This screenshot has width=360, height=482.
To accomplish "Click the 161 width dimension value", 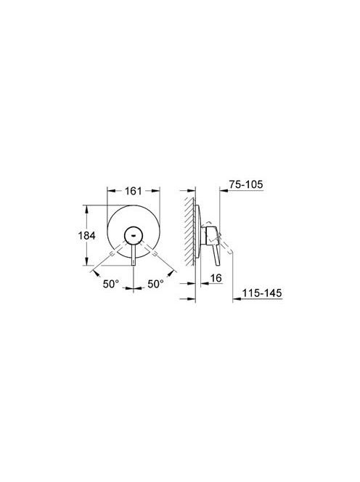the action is tap(133, 191).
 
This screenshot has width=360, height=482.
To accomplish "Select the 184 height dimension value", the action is tap(86, 236).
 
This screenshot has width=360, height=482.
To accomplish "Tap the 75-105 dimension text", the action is tap(246, 184).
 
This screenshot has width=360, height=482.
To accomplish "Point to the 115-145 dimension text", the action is tap(262, 293).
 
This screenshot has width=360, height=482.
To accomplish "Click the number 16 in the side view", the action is tap(216, 278).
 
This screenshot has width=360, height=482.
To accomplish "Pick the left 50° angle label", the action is tap(110, 284).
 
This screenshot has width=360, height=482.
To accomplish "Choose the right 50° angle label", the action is tap(155, 284).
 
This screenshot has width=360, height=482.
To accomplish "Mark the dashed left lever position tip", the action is tap(112, 253).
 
